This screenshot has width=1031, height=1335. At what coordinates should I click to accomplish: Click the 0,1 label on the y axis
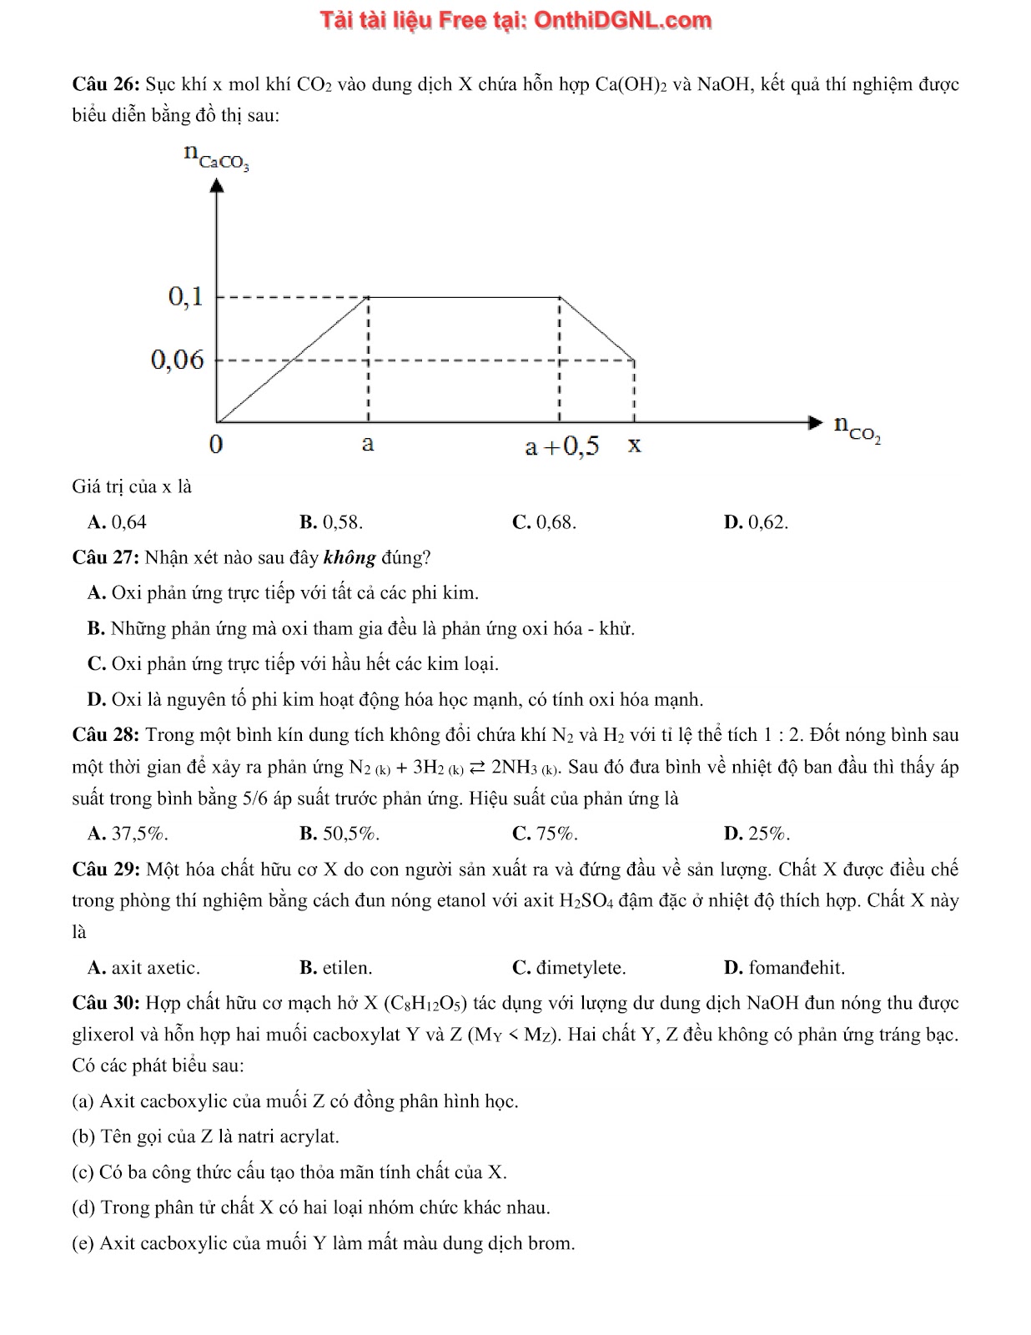pyautogui.click(x=185, y=296)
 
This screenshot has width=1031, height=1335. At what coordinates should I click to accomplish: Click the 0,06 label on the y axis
pyautogui.click(x=177, y=360)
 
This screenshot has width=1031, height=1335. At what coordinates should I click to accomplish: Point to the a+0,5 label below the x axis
pyautogui.click(x=561, y=446)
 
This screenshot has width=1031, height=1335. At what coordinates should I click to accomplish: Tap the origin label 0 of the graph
pyautogui.click(x=216, y=444)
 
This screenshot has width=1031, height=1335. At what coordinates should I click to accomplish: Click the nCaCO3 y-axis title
pyautogui.click(x=216, y=156)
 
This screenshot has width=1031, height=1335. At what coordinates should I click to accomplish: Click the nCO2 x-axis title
pyautogui.click(x=857, y=428)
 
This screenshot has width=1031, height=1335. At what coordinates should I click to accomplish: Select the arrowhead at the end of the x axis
pyautogui.click(x=815, y=422)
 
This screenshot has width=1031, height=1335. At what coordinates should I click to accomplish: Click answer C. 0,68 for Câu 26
pyautogui.click(x=544, y=522)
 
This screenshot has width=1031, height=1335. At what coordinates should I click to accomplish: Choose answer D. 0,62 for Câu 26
pyautogui.click(x=756, y=522)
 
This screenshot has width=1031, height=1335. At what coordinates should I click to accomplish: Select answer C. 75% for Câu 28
pyautogui.click(x=545, y=833)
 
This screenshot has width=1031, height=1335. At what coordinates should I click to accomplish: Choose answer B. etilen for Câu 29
pyautogui.click(x=336, y=968)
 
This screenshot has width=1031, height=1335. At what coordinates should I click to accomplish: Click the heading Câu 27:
pyautogui.click(x=106, y=557)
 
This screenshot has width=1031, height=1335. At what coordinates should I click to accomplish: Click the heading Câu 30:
pyautogui.click(x=106, y=1003)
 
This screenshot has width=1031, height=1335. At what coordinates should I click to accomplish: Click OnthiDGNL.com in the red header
pyautogui.click(x=622, y=20)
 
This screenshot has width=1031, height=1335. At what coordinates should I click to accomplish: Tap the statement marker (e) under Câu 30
pyautogui.click(x=83, y=1243)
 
